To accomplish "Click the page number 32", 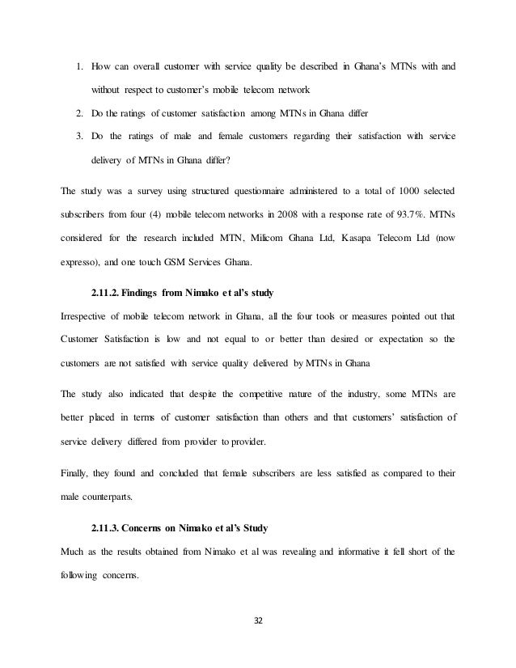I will click(x=258, y=623).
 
